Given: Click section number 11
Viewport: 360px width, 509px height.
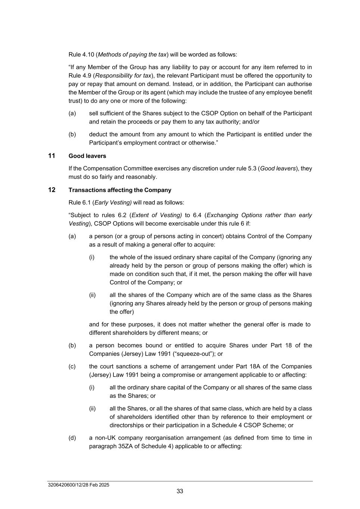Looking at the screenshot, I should (x=51, y=155).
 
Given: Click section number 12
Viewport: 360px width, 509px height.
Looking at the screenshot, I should (x=51, y=190).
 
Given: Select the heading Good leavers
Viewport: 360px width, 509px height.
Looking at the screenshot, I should (x=87, y=156).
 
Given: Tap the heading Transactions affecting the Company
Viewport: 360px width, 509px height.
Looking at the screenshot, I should (x=120, y=190).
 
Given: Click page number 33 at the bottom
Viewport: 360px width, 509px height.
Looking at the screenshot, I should (x=180, y=491).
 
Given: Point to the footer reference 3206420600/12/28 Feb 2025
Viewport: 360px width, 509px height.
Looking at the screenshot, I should (x=79, y=485).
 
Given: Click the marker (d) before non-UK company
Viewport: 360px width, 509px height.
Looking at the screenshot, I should (x=72, y=438).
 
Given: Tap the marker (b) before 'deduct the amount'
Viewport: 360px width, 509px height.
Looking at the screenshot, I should (x=72, y=134).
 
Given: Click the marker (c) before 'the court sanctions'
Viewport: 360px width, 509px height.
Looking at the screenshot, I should (x=72, y=367).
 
